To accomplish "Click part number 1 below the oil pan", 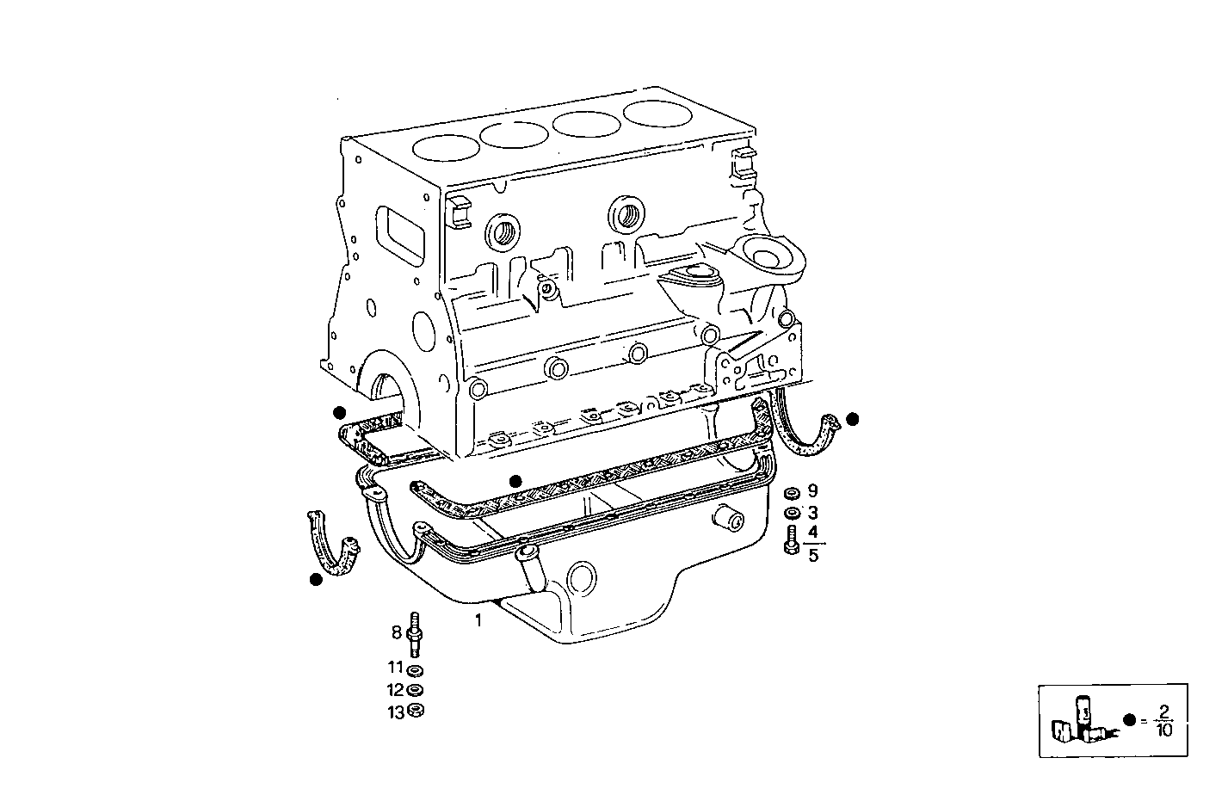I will tap(478, 619).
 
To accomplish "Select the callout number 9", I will tap(812, 491).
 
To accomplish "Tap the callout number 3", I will tap(812, 514).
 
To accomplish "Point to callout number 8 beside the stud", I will tap(397, 632).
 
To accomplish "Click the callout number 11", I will tap(395, 667).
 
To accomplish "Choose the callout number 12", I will tap(395, 689).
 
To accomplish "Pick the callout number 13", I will tap(395, 712).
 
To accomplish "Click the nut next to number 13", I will tap(416, 711).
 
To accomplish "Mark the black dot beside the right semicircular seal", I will tap(852, 419).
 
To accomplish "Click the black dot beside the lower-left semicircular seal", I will tap(316, 580).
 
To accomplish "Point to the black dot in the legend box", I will tap(1130, 720).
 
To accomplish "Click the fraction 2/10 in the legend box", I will tap(1164, 720).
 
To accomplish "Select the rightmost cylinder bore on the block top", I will tap(658, 111).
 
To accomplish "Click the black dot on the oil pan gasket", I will tap(515, 481).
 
